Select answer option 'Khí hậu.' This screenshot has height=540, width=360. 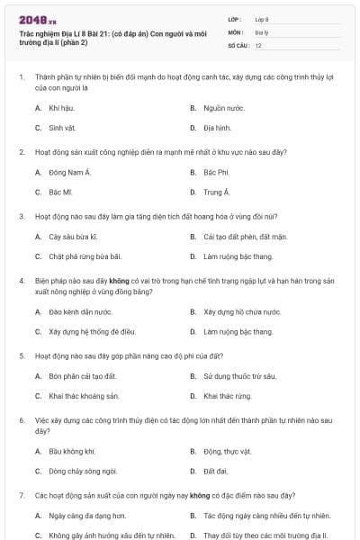point(61,107)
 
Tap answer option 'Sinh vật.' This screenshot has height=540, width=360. point(62,128)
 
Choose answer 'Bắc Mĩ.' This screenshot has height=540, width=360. point(60,192)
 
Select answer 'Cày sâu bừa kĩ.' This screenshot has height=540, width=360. point(72,237)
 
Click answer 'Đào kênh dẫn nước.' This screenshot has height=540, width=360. point(80,311)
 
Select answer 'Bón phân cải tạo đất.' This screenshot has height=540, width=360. point(82,375)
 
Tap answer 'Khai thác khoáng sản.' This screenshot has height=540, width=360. point(84,396)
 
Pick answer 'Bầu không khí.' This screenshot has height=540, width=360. point(71,450)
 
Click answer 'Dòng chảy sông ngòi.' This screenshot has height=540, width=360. point(83,471)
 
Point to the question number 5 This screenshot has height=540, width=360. point(21,355)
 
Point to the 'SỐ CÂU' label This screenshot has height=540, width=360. point(238,45)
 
